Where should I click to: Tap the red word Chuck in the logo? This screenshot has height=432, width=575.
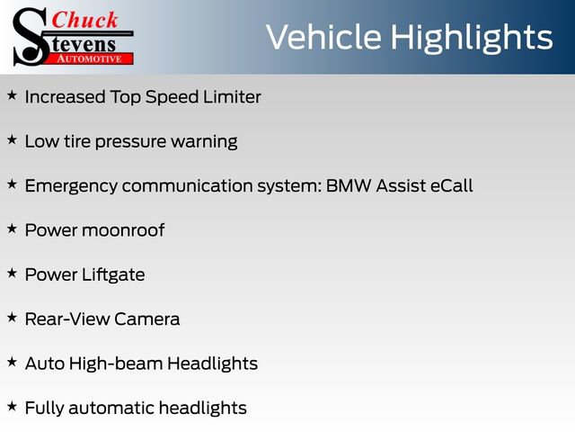(x=84, y=19)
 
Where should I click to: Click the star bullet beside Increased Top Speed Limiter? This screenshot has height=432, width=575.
(x=12, y=94)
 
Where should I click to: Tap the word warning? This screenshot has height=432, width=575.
(x=207, y=141)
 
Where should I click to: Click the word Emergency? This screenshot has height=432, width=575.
(x=69, y=185)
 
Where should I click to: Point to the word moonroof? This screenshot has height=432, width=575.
(x=124, y=230)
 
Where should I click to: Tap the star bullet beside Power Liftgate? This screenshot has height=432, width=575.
(x=12, y=272)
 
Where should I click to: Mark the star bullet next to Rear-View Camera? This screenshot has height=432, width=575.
(x=12, y=317)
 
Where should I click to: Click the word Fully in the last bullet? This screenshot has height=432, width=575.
(x=44, y=409)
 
